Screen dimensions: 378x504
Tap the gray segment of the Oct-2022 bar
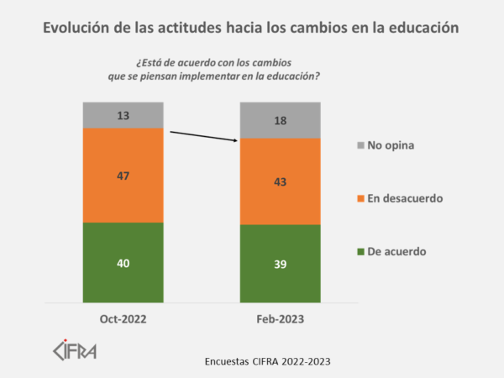[123, 115]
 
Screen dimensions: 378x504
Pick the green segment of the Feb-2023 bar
[281, 281]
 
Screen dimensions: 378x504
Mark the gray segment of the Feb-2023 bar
[281, 120]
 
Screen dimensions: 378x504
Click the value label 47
[123, 176]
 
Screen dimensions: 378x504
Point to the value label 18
[281, 121]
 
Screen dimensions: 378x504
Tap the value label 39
[281, 264]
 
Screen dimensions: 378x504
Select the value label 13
[123, 115]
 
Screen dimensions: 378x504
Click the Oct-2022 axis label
[123, 319]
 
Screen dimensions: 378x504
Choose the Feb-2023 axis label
[281, 319]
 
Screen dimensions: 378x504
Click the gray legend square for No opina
[361, 144]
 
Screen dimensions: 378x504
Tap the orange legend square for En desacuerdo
[361, 198]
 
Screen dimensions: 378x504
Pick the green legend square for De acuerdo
[361, 251]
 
